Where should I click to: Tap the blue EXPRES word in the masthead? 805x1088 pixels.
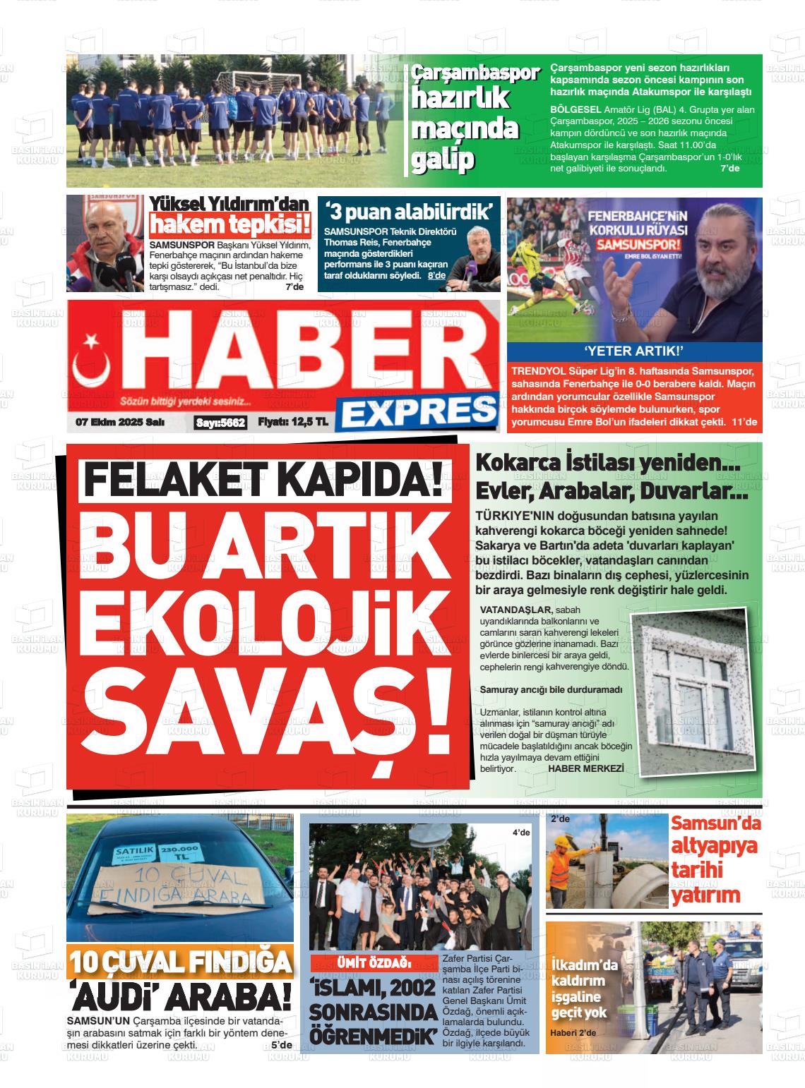click(417, 412)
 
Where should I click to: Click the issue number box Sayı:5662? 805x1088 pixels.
click(220, 423)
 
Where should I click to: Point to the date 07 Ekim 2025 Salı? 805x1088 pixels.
click(120, 423)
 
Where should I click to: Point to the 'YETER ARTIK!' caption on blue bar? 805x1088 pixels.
click(634, 352)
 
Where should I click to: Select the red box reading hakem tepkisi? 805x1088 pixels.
click(230, 226)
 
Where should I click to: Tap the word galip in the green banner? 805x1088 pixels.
click(442, 160)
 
